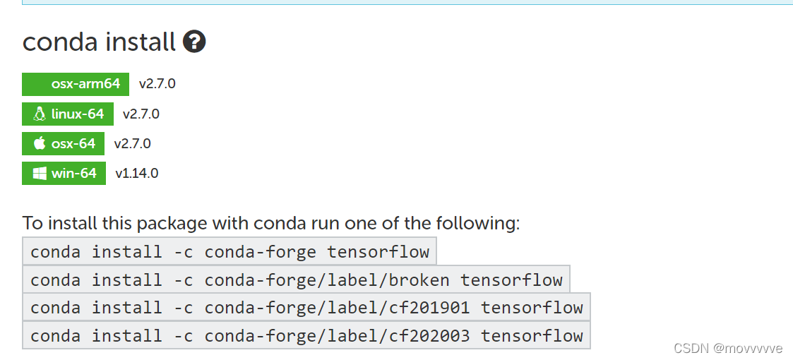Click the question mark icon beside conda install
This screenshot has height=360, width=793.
pos(194,42)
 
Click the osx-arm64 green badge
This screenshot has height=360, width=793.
pos(76,84)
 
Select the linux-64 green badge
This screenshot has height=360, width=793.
pos(68,114)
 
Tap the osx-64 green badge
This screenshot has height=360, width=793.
pos(64,144)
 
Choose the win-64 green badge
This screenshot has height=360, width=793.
pos(64,174)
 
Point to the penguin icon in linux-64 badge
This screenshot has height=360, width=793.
pos(40,114)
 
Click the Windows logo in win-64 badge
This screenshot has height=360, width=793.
pos(40,174)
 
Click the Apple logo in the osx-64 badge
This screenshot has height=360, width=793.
pos(40,143)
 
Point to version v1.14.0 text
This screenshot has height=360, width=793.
pos(137,174)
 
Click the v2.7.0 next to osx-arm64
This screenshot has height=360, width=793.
pos(157,84)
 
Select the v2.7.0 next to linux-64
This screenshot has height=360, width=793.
pos(141,114)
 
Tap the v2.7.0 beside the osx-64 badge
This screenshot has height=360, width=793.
pos(133,144)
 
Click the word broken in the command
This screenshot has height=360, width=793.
pos(419,280)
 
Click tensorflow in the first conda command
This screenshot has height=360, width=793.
pos(378,252)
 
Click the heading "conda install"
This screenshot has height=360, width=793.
pos(99,42)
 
